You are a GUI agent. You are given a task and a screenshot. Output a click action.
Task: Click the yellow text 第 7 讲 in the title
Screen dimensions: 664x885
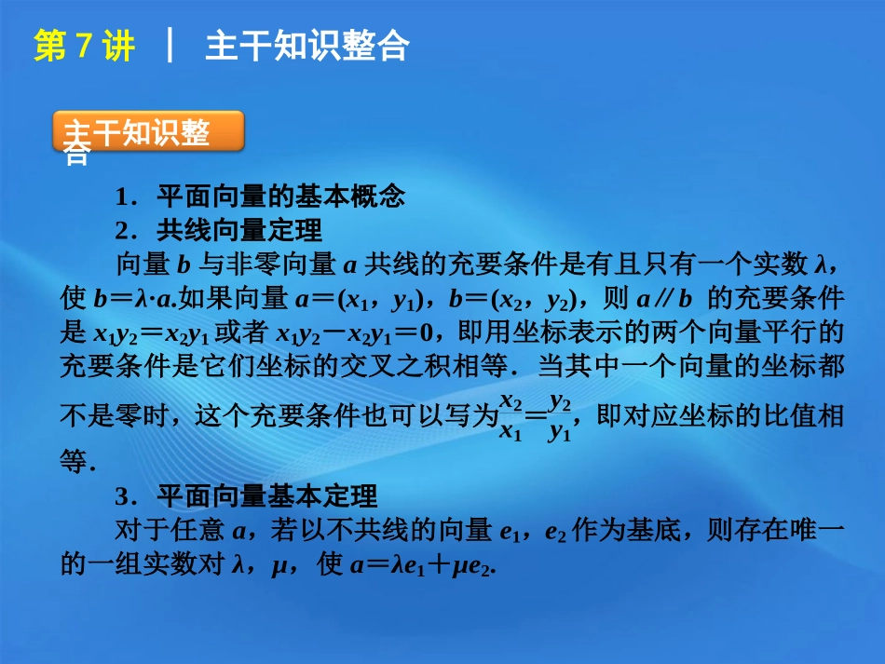click(84, 47)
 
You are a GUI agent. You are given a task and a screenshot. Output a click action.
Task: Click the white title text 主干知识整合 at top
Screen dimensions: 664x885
click(306, 47)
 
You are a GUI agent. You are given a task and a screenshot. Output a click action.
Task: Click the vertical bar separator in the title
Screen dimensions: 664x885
click(170, 47)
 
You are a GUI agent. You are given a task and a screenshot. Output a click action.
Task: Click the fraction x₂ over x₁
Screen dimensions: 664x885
click(511, 416)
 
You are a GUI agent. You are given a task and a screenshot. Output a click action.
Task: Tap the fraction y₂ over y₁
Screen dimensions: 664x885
click(560, 416)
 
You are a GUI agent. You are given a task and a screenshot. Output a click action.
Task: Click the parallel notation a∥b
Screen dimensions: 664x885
click(661, 300)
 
